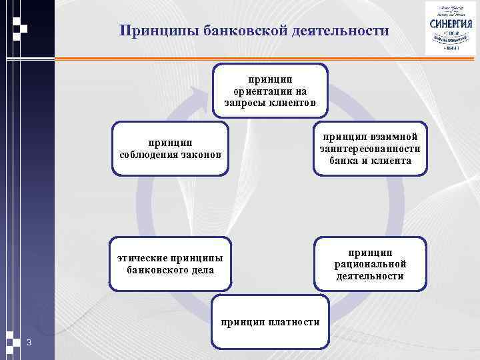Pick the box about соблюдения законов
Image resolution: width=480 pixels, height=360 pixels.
[169, 148]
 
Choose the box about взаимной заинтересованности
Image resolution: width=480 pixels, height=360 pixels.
[370, 148]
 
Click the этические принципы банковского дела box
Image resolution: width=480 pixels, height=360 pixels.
[170, 264]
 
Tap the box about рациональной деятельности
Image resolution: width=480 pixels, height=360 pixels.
[370, 263]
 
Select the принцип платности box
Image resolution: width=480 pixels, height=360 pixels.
[270, 323]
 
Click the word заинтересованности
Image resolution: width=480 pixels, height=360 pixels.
[370, 149]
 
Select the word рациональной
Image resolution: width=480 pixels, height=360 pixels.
[370, 264]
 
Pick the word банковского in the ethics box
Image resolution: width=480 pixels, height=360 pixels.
[158, 270]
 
